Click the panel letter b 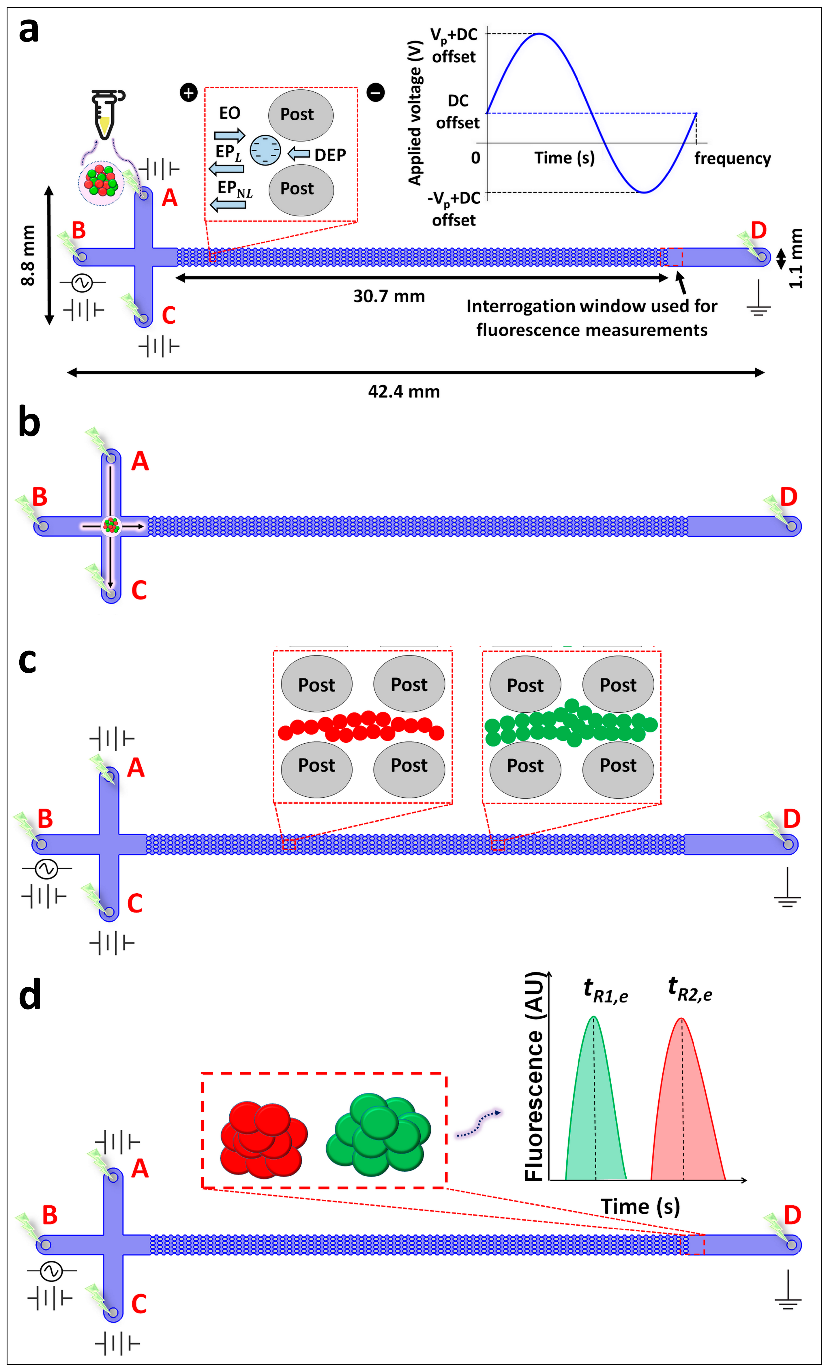[29, 422]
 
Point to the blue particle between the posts [265, 150]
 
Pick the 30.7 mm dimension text [389, 296]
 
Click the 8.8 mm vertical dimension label [28, 255]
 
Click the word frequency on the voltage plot [732, 159]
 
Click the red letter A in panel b [140, 461]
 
